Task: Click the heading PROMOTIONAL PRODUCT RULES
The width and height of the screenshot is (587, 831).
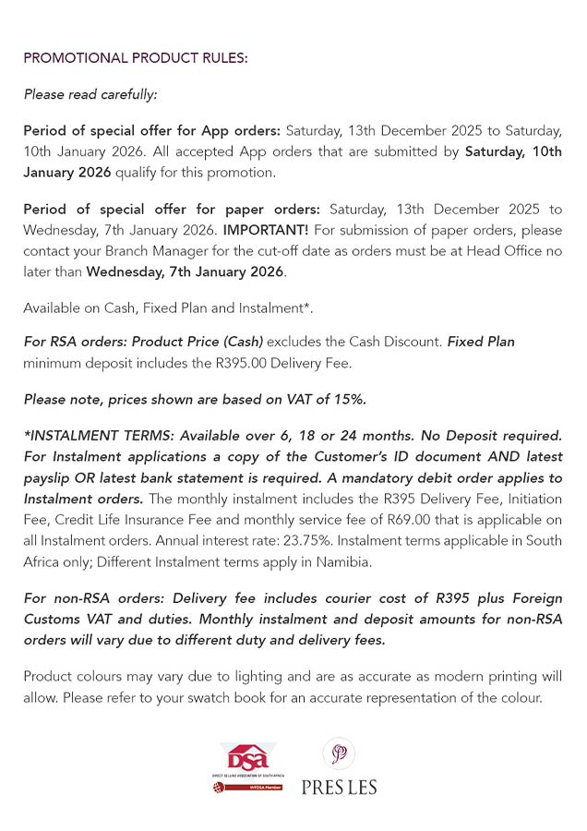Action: tap(135, 58)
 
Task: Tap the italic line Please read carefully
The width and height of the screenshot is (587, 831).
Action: tap(90, 94)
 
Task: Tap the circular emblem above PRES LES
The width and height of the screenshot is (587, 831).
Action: tap(339, 753)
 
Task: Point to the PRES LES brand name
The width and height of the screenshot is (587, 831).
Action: tap(339, 787)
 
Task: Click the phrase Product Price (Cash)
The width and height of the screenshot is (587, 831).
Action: tap(198, 342)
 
